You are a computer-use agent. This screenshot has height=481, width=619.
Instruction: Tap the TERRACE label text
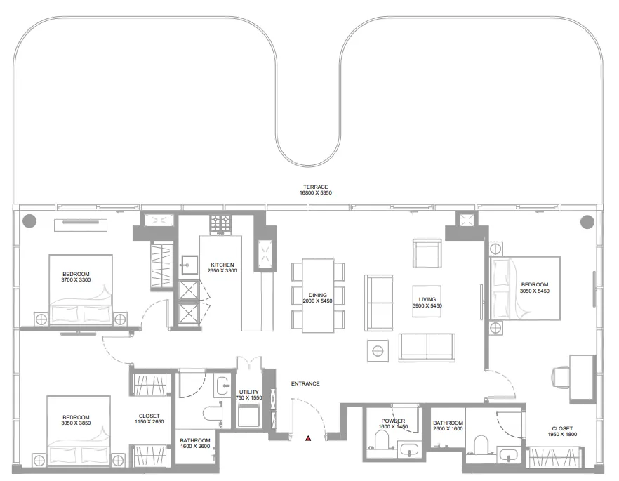[316, 190]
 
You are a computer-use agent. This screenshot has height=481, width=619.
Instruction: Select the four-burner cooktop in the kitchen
[221, 225]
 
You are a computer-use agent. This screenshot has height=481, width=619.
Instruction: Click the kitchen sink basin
[188, 265]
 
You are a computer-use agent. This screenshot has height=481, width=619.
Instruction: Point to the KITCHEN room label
[221, 268]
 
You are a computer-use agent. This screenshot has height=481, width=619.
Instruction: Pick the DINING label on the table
[318, 298]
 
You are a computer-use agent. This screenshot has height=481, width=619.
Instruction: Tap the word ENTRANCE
[305, 383]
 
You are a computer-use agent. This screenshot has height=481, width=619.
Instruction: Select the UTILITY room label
[248, 395]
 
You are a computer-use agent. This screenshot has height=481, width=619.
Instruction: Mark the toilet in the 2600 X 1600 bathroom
[481, 444]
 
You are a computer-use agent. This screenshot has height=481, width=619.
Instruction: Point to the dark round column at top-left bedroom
[29, 221]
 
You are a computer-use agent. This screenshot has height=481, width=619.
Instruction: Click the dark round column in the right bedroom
[586, 222]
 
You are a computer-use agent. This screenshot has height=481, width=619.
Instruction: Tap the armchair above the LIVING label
[426, 253]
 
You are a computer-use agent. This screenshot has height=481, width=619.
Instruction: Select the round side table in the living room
[378, 350]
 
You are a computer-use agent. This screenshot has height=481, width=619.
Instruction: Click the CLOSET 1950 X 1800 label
[561, 432]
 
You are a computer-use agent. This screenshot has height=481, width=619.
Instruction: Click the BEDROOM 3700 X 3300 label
[76, 277]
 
